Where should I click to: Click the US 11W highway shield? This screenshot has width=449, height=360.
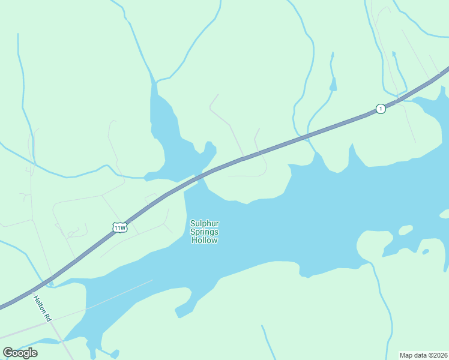pos(119,227)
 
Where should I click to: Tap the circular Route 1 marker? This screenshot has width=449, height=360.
pos(381,109)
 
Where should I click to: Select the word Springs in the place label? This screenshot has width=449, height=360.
pos(204,232)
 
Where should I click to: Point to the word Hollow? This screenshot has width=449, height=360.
pos(204,240)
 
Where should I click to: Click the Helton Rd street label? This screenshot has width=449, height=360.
pos(44,308)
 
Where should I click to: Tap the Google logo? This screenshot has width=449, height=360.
pos(20,352)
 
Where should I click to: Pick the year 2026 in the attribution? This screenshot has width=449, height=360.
pos(439,355)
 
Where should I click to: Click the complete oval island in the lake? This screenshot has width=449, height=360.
pos(406,230)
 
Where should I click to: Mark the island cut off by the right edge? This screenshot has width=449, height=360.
pos(445,214)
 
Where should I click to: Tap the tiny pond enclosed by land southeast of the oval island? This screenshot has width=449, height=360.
pos(426,251)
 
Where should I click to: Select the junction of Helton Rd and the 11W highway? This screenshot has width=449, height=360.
pos(48,282)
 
